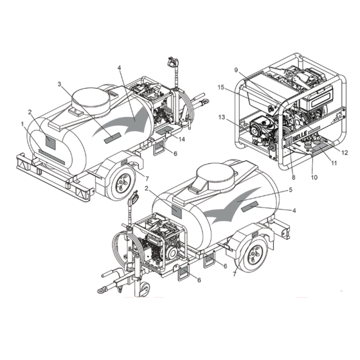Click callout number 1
coord(22,124)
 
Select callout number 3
coord(60,84)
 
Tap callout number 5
coord(291,190)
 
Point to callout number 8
coord(294,177)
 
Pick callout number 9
coord(237,70)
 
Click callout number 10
coord(314,177)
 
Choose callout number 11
coord(334,163)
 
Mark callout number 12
coord(345,153)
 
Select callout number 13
coord(222,117)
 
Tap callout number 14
coord(181,139)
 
